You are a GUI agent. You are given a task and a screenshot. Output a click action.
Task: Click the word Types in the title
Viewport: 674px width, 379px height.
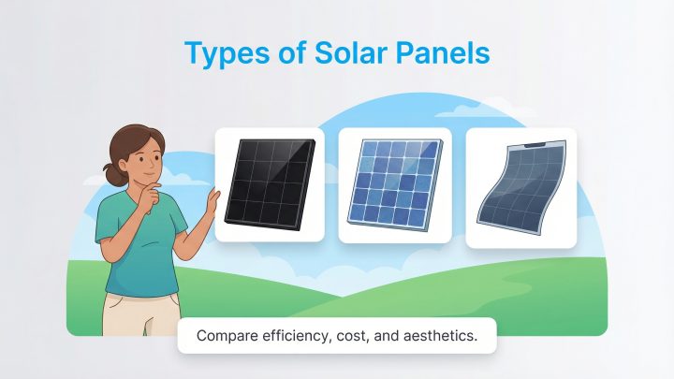(x=222, y=52)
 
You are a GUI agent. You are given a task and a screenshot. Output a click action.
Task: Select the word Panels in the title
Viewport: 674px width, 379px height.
(x=445, y=52)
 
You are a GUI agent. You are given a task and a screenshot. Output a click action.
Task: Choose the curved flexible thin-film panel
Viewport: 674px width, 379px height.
(x=520, y=187)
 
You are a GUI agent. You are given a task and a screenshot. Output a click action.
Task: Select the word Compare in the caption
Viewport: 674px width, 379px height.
(x=225, y=336)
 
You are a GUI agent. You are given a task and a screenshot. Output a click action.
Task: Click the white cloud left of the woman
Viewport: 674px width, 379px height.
(x=95, y=178)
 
